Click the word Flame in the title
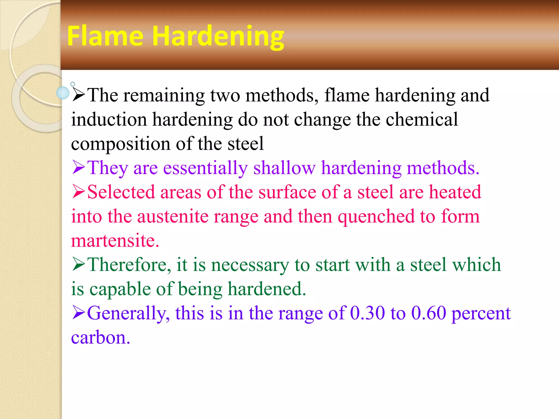pos(105,36)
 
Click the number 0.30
pos(367,313)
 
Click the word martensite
pos(115,241)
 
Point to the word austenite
pos(173,216)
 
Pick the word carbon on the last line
pos(100,337)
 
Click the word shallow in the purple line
pos(284,168)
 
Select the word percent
pos(481,313)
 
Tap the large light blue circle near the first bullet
pos(63,93)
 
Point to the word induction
pos(109,119)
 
